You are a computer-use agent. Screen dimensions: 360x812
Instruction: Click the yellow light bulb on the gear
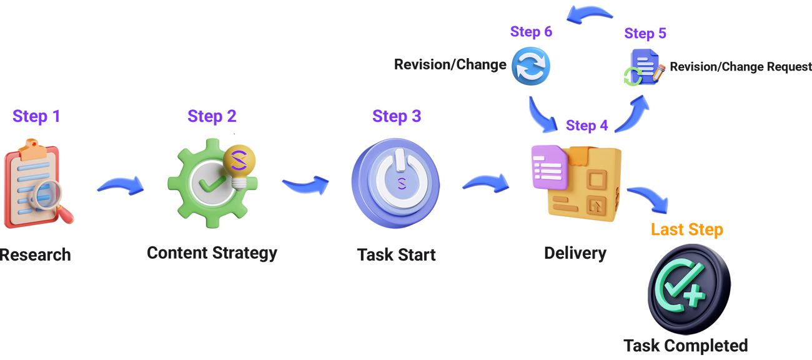240,161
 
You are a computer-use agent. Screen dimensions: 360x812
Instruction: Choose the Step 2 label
212,116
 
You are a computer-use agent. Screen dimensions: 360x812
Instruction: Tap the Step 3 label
397,116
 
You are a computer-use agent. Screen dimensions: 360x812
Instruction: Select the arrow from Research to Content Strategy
120,186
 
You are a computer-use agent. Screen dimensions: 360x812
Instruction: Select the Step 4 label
587,126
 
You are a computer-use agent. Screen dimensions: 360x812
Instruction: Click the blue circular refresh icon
530,66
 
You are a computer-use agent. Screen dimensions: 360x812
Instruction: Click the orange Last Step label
687,230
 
